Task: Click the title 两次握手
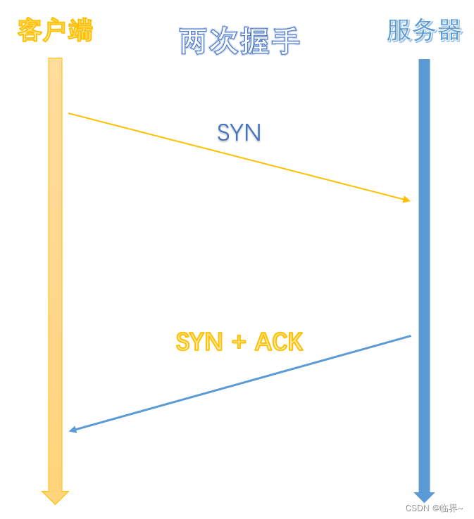[x=239, y=41]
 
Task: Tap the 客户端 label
[x=55, y=30]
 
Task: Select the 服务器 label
[x=424, y=30]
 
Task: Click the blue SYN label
[x=239, y=132]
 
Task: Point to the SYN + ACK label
[x=239, y=342]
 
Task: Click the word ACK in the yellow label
[x=278, y=342]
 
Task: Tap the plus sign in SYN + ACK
[x=239, y=342]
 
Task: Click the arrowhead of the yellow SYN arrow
[x=406, y=200]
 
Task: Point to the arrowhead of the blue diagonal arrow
[x=73, y=429]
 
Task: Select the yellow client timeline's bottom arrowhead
[x=55, y=497]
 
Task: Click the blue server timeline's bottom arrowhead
[x=424, y=496]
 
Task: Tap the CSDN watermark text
[x=434, y=508]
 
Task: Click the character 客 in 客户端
[x=30, y=30]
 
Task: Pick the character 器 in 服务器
[x=449, y=30]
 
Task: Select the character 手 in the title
[x=285, y=41]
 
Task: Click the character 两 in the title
[x=193, y=41]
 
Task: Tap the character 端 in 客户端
[x=80, y=30]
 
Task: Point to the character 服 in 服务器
[x=399, y=30]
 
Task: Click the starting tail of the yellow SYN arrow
[x=69, y=113]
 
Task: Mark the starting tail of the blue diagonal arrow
[x=410, y=336]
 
